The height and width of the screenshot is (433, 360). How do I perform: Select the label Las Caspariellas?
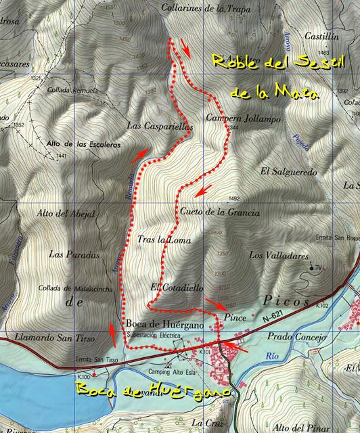coord(160,126)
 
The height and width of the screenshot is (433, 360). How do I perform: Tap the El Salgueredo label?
coord(288,173)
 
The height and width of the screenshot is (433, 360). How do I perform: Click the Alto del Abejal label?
coord(66,214)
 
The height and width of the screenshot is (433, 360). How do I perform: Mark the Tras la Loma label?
coord(164,240)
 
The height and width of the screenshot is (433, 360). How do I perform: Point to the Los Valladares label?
coord(279,255)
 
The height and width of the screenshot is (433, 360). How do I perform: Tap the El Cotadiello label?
coord(177,288)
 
